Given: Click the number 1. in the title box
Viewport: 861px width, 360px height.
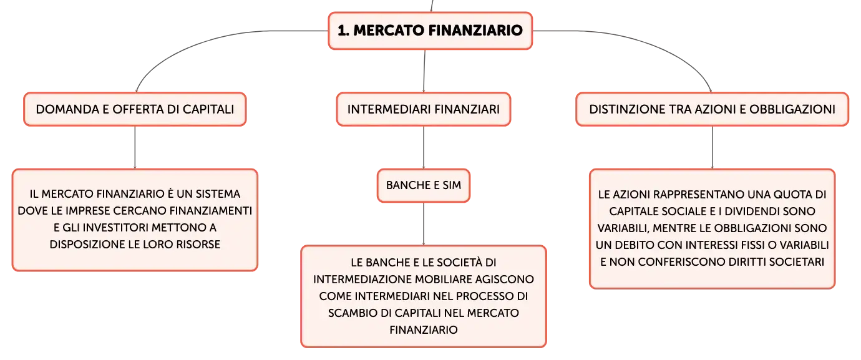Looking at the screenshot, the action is [343, 31].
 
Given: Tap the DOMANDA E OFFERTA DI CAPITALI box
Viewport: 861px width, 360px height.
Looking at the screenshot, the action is [135, 109].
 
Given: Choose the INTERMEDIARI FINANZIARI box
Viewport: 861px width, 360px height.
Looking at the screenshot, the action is [424, 109].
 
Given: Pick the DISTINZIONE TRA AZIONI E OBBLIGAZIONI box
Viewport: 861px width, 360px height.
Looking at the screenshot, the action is [713, 109].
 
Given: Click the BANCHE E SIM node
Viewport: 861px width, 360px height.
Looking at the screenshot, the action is [424, 185].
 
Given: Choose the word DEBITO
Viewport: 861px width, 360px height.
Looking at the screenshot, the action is [635, 245].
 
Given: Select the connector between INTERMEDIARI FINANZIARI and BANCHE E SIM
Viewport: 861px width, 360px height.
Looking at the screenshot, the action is [424, 147].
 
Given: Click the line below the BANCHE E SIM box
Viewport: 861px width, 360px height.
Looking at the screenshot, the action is [424, 223].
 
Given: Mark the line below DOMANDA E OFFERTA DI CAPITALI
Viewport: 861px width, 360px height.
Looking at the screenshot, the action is [135, 147].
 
